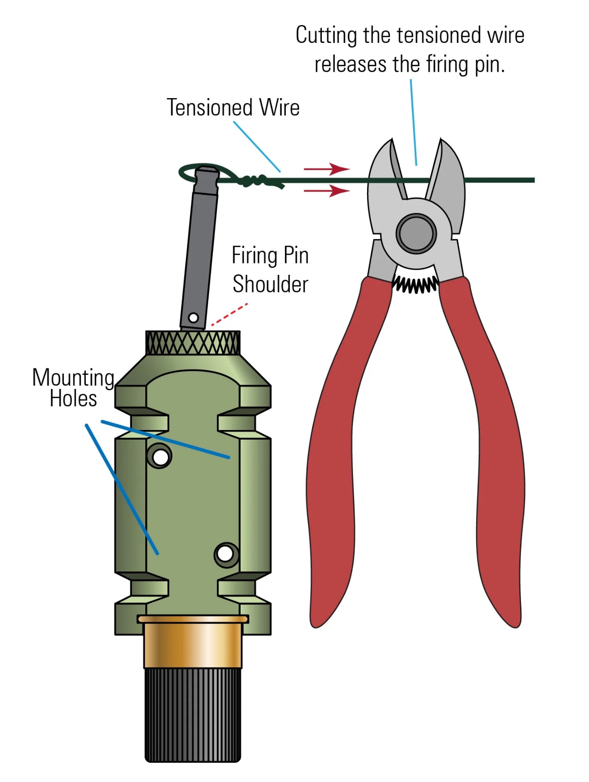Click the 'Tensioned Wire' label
point(233,108)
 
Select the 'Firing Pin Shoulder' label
point(270,270)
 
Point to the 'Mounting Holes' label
point(73,388)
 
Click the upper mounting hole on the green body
point(160,457)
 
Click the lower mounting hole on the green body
point(225,554)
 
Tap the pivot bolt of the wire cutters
point(416,233)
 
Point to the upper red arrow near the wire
point(327,169)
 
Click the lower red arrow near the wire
point(327,190)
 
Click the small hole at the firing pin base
point(194,317)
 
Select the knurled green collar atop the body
point(193,343)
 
